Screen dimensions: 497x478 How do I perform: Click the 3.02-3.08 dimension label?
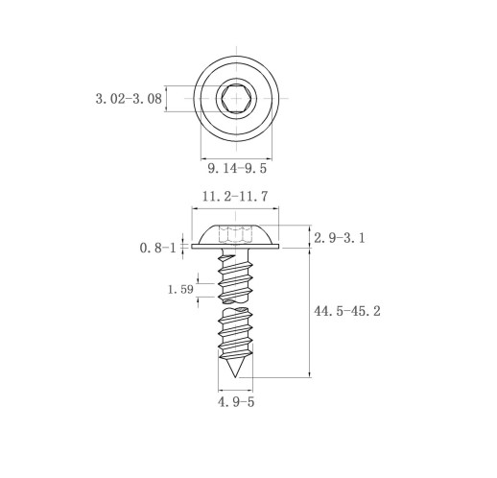(x=129, y=99)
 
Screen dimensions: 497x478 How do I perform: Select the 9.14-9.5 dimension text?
(x=237, y=168)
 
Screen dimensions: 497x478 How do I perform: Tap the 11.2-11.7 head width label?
(x=235, y=197)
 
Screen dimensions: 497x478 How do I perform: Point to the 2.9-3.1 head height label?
(x=340, y=238)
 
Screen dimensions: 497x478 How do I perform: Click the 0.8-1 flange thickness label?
(x=158, y=248)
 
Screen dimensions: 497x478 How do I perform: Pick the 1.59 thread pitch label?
(x=180, y=290)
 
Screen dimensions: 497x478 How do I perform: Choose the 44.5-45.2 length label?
(x=347, y=311)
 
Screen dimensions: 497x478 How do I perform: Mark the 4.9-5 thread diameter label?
(x=236, y=402)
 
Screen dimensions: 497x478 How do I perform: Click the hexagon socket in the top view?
(x=236, y=98)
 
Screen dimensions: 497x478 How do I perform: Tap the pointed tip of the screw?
(x=235, y=377)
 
